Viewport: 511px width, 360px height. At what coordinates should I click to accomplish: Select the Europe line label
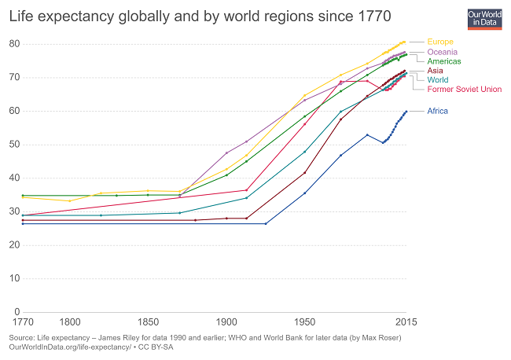coord(440,42)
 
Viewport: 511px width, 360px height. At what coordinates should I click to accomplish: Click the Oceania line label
coord(443,52)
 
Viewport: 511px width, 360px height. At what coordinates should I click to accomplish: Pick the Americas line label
coord(444,61)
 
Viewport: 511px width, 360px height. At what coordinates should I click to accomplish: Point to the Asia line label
coord(435,71)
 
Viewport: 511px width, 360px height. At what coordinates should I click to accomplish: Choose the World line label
coord(438,79)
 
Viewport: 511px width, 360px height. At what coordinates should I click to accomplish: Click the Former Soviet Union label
coord(464,89)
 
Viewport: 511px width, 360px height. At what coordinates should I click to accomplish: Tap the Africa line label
coord(438,111)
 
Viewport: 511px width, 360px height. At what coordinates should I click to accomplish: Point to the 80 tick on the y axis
coord(13,43)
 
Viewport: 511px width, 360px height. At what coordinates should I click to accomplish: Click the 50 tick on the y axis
coord(13,144)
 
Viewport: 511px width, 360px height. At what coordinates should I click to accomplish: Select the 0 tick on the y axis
coord(16,311)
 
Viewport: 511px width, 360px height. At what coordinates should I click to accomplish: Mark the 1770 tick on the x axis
coord(22,322)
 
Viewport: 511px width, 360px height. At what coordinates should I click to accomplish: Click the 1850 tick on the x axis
coord(148,322)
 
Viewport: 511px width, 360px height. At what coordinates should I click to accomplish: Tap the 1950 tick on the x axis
coord(305,322)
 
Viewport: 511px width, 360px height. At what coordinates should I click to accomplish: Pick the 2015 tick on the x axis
coord(406,322)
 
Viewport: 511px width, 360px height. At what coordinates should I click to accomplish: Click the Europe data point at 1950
coord(305,95)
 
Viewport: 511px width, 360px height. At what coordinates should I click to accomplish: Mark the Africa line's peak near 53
coord(367,134)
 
